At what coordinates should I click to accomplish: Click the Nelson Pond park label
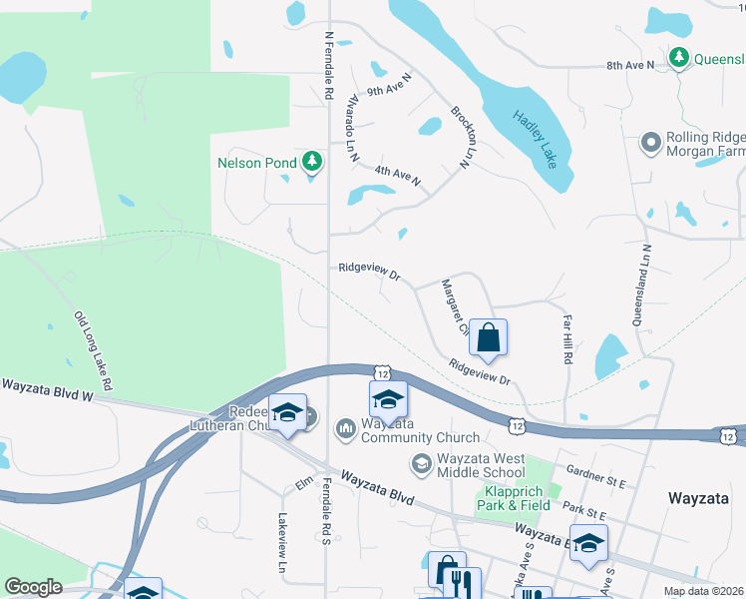point(257,162)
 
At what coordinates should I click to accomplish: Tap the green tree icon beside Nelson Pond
point(312,161)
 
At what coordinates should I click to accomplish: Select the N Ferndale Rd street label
point(328,65)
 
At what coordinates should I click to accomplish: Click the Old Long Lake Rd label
point(93,349)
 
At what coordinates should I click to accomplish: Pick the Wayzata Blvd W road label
point(46,389)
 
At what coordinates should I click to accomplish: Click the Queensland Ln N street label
point(639,286)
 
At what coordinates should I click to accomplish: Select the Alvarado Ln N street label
point(351,130)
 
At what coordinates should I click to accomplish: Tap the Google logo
point(33,587)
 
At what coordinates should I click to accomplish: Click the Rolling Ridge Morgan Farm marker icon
point(651,143)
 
